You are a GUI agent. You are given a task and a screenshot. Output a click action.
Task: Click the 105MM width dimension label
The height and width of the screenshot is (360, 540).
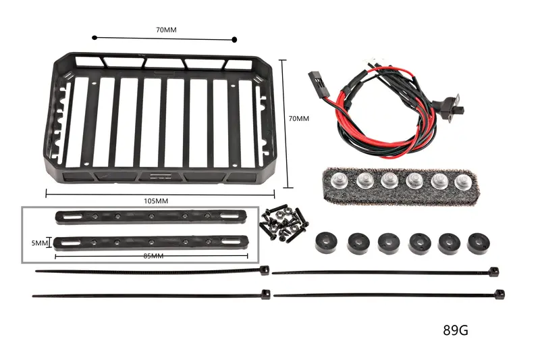[156, 201]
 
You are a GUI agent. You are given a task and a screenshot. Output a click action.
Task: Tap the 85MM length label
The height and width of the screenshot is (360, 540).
[153, 255]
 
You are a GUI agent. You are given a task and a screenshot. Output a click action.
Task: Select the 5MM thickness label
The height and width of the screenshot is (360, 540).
[40, 243]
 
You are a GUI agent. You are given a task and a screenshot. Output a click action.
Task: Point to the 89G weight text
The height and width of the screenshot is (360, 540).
[455, 330]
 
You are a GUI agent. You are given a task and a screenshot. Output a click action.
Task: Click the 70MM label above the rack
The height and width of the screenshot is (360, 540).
[166, 30]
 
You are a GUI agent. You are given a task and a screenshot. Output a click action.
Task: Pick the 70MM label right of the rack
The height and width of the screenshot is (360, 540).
[298, 118]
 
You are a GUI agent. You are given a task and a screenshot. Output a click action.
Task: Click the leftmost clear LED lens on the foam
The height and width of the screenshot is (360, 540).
[340, 180]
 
